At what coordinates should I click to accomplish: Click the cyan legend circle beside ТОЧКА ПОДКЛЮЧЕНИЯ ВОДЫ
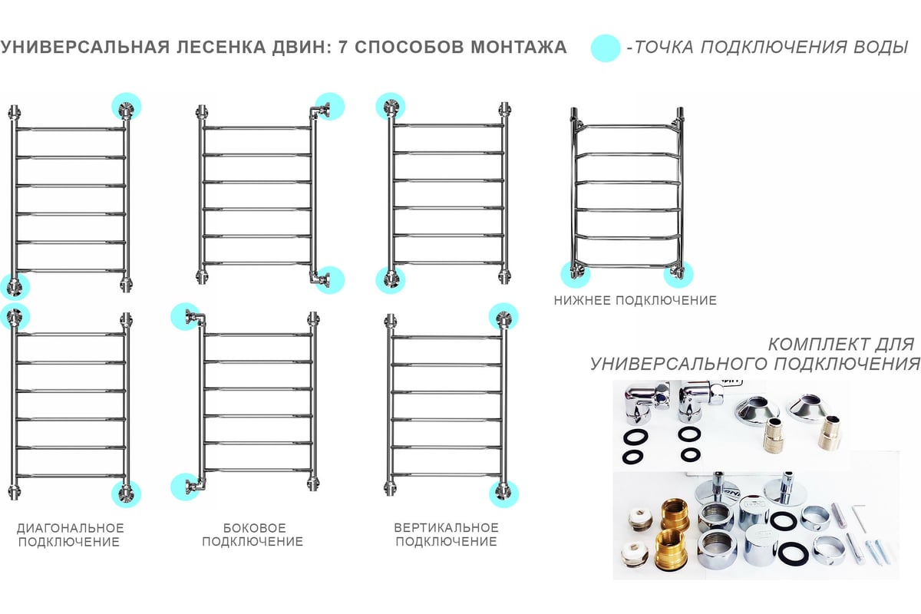(x=606, y=48)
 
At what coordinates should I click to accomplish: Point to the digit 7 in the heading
(x=342, y=47)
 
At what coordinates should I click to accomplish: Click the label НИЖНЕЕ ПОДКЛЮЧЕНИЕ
(x=635, y=300)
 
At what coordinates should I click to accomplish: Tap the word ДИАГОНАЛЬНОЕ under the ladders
(x=71, y=527)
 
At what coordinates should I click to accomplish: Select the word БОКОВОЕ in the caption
(x=255, y=527)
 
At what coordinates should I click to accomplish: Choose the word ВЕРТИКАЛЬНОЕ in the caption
(x=446, y=527)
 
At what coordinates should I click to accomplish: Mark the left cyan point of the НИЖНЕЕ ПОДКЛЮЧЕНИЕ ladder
(x=576, y=274)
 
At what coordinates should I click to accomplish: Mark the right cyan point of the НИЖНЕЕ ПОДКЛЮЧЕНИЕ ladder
(x=678, y=274)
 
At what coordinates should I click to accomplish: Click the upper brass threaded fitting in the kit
(x=675, y=514)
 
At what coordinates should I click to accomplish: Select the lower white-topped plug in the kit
(x=635, y=554)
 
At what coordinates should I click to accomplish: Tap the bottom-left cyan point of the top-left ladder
(x=15, y=286)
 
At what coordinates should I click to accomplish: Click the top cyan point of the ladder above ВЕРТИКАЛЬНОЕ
(x=503, y=318)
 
